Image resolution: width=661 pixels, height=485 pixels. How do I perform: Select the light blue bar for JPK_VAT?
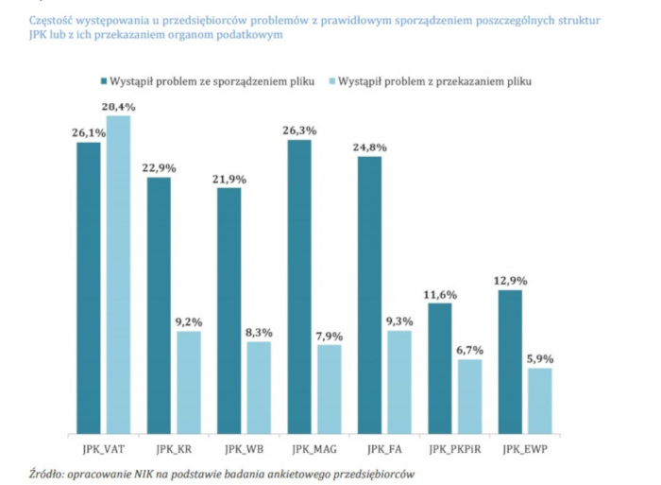pyautogui.click(x=119, y=274)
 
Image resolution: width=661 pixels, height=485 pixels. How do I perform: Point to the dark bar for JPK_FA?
pyautogui.click(x=370, y=294)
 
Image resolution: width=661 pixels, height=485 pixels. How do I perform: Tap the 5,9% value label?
pyautogui.click(x=540, y=359)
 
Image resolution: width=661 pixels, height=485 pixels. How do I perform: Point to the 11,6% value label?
pyautogui.click(x=440, y=294)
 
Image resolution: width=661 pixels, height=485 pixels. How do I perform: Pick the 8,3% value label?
pyautogui.click(x=259, y=333)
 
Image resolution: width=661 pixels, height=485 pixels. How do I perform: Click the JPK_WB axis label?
pyautogui.click(x=244, y=445)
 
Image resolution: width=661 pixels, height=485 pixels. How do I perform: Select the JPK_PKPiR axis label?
pyautogui.click(x=455, y=445)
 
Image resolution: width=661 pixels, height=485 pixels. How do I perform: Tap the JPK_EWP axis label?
pyautogui.click(x=525, y=445)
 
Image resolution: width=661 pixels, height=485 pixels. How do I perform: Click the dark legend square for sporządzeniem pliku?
pyautogui.click(x=100, y=81)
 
